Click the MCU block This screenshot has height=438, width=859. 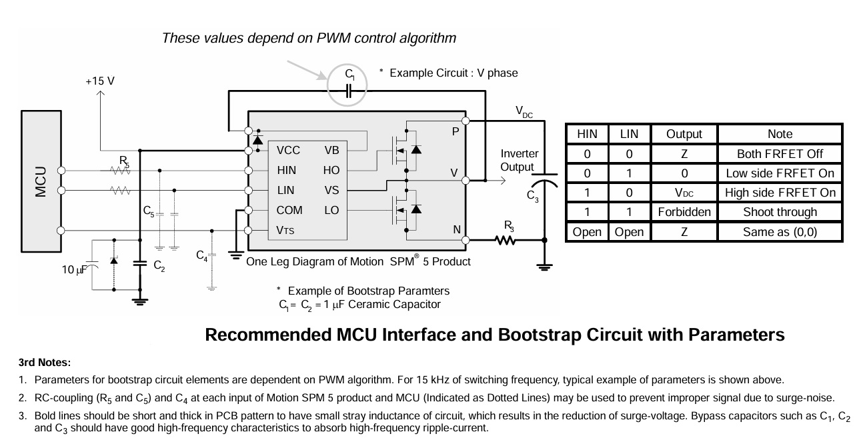pyautogui.click(x=41, y=181)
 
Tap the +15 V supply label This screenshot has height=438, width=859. pyautogui.click(x=100, y=81)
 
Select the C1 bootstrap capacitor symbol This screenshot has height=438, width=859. pyautogui.click(x=349, y=91)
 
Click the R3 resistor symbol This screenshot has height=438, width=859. pyautogui.click(x=505, y=240)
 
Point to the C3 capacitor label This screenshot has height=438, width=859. pyautogui.click(x=533, y=196)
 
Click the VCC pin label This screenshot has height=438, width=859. pyautogui.click(x=288, y=150)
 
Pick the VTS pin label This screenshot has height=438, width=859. pyautogui.click(x=285, y=230)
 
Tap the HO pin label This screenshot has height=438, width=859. pyautogui.click(x=331, y=170)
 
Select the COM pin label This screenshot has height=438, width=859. pyautogui.click(x=289, y=211)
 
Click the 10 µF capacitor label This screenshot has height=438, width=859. pyautogui.click(x=74, y=270)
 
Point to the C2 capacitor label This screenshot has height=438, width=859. pyautogui.click(x=159, y=265)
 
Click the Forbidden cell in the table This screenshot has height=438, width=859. pyautogui.click(x=684, y=212)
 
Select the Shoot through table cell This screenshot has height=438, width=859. pyautogui.click(x=780, y=212)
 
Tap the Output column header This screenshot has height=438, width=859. pyautogui.click(x=684, y=134)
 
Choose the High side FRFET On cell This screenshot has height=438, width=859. pyautogui.click(x=780, y=193)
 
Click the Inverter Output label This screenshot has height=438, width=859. pyautogui.click(x=520, y=160)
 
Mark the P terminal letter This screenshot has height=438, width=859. pyautogui.click(x=456, y=131)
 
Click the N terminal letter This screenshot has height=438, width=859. pyautogui.click(x=457, y=229)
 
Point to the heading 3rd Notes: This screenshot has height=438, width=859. pyautogui.click(x=45, y=363)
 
